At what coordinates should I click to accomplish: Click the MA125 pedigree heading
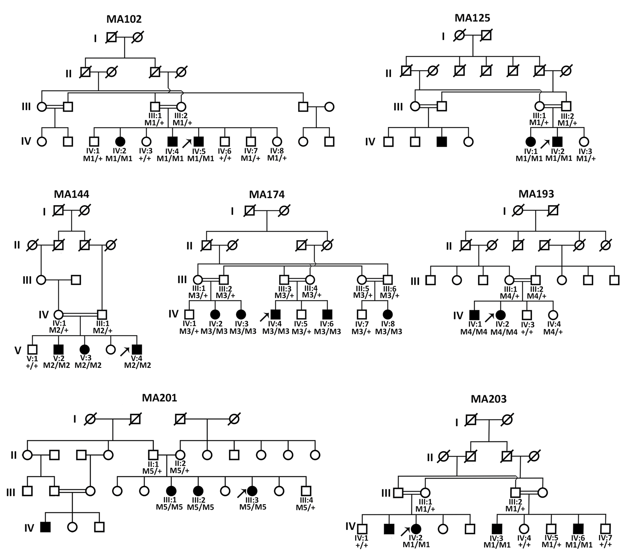[x=472, y=18]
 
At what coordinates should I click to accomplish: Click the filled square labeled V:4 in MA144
[x=137, y=349]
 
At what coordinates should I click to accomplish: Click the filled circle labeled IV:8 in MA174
[x=388, y=314]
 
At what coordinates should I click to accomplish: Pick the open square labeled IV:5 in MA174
[x=301, y=314]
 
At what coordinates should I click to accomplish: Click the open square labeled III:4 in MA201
[x=306, y=491]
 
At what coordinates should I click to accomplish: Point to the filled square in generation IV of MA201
[x=46, y=527]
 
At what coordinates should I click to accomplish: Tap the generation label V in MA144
[x=18, y=350]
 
